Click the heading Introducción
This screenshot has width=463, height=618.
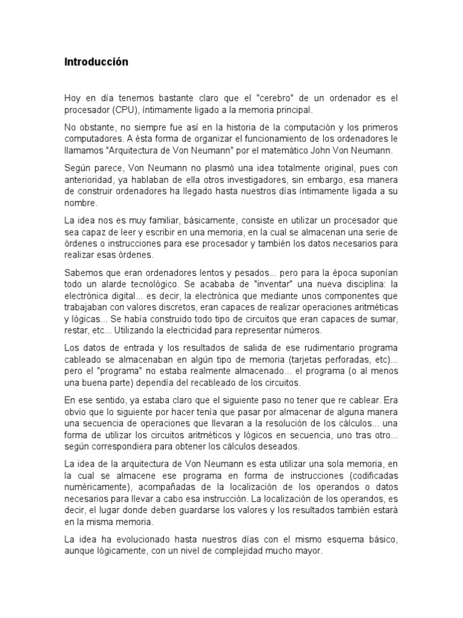[x=96, y=62]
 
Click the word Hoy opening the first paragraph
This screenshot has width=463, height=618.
[x=72, y=98]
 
